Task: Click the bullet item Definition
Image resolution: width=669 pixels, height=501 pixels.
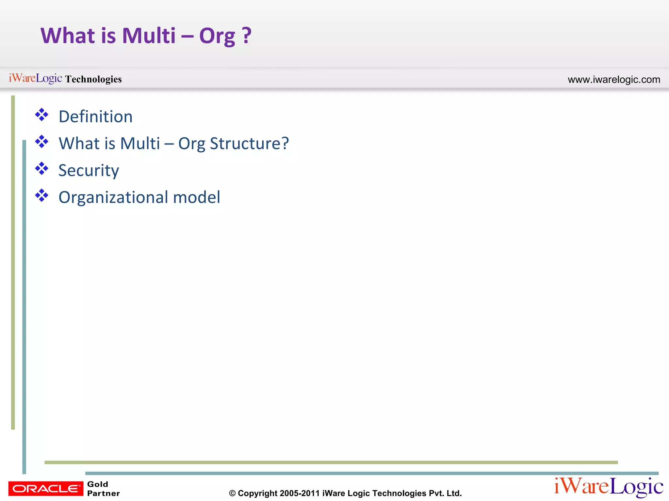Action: pos(95,116)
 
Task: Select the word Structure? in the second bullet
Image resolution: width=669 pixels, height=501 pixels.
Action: pos(249,144)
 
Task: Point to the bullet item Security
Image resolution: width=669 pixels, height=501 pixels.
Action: pos(89,170)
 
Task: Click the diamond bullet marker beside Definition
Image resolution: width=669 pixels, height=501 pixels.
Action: pos(42,115)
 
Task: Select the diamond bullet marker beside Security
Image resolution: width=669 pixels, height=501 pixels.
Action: pos(42,169)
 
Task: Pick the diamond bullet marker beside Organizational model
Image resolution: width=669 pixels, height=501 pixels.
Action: pos(42,196)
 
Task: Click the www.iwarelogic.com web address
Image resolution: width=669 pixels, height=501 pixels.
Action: pos(614,80)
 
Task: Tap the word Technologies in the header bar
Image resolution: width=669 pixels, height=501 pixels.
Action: pos(93,79)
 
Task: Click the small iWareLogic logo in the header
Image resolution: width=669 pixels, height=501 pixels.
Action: pos(35,78)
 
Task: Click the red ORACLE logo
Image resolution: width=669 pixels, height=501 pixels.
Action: pos(46,488)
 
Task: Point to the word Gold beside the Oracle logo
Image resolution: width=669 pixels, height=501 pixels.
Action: pos(98,484)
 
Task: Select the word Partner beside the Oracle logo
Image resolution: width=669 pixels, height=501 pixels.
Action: pos(103,493)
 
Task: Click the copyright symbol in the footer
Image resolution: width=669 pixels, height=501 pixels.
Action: pos(232,493)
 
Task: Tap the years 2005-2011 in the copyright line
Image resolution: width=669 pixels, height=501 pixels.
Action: pos(300,493)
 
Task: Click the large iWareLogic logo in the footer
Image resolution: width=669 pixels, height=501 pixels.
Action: pos(609,487)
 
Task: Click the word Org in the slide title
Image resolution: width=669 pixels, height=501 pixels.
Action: pos(217,36)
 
